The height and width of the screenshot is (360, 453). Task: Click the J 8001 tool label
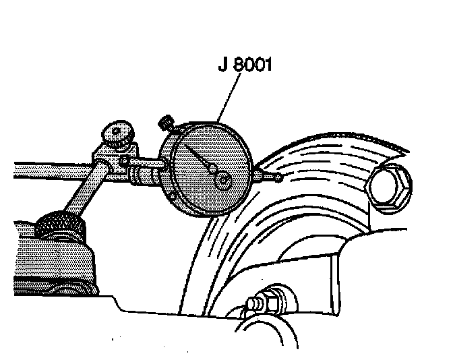(244, 65)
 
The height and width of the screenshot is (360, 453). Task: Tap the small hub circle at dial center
(223, 180)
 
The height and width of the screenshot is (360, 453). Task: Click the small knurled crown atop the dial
(165, 123)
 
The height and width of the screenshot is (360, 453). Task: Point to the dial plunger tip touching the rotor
(278, 178)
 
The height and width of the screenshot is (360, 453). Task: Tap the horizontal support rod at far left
(40, 170)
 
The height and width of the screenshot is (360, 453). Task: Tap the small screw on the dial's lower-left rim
(173, 196)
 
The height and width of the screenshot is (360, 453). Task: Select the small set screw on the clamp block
(125, 160)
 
